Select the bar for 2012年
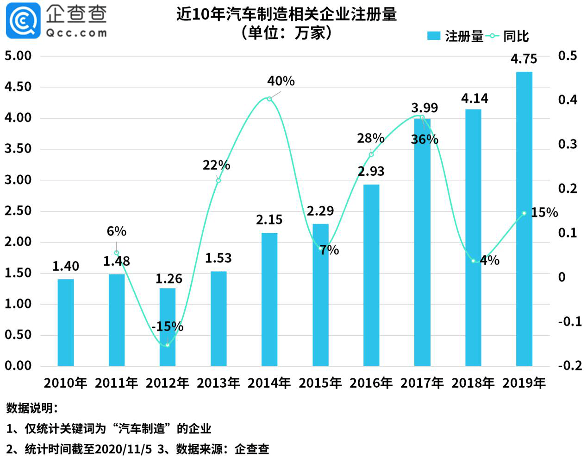click(x=168, y=327)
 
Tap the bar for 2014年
click(x=269, y=300)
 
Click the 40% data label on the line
click(x=281, y=81)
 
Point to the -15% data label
click(x=168, y=326)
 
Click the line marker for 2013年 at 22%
click(x=219, y=180)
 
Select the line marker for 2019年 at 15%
click(x=524, y=213)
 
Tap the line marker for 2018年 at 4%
click(x=473, y=261)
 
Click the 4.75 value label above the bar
click(x=524, y=59)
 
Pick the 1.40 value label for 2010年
click(x=66, y=266)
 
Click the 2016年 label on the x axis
click(x=371, y=383)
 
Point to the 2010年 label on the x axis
click(x=66, y=383)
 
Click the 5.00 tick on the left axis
click(x=18, y=56)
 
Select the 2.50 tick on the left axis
click(x=18, y=211)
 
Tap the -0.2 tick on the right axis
click(x=569, y=366)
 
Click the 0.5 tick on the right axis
click(x=568, y=56)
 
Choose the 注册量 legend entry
click(x=456, y=36)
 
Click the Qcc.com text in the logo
click(x=76, y=33)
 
